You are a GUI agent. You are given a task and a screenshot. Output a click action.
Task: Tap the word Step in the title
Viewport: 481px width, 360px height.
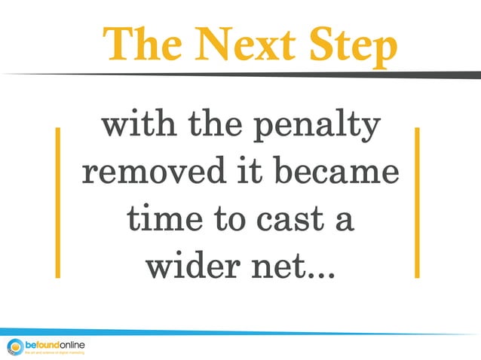coord(351,47)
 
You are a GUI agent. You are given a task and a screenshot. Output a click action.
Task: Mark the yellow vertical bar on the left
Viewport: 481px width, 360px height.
coord(57,203)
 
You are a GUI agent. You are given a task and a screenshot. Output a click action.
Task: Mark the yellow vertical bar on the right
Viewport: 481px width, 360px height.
coord(416,203)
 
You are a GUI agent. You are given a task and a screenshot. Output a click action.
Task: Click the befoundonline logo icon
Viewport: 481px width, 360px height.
coord(14,346)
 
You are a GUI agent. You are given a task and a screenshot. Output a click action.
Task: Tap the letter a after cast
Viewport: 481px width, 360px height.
coord(343,221)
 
